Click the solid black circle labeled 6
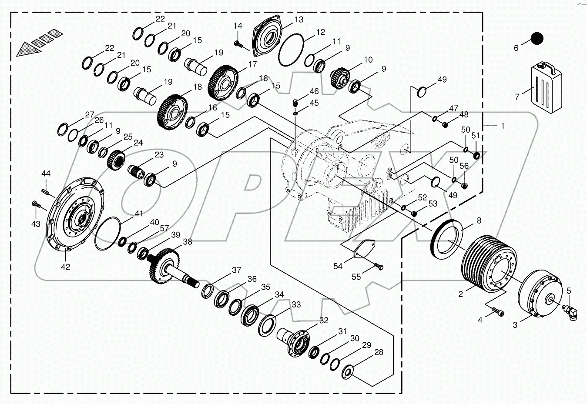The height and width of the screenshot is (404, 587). (537, 38)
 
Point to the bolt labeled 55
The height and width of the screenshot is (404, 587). (378, 266)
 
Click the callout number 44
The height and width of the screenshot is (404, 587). (46, 174)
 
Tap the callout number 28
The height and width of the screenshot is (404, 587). (379, 352)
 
